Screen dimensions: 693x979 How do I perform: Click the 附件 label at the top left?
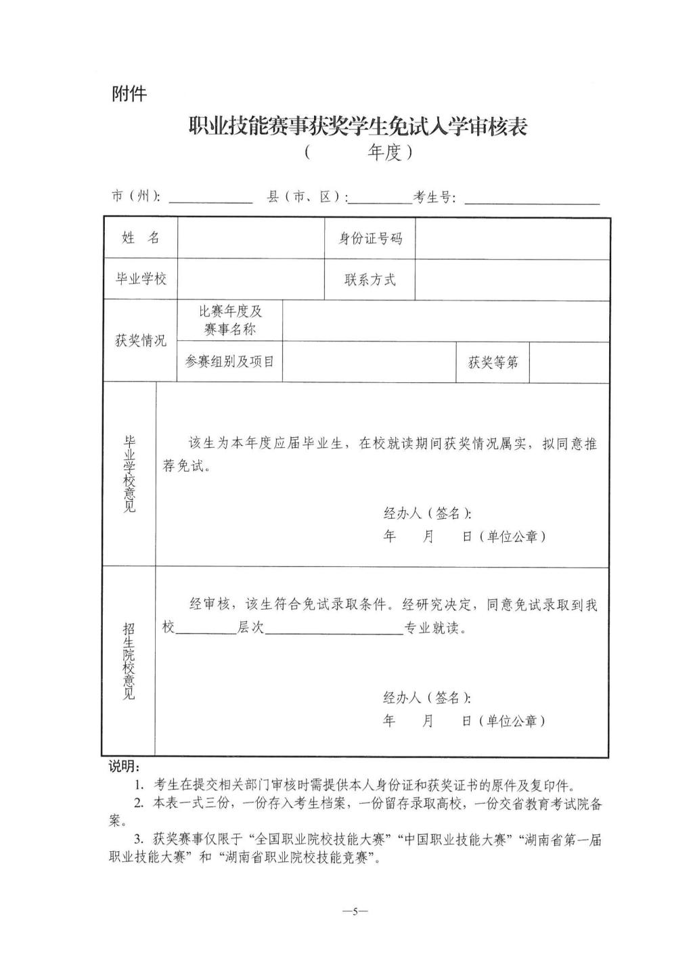click(x=129, y=93)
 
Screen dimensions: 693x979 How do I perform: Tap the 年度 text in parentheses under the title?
click(x=384, y=152)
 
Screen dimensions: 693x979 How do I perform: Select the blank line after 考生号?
click(x=532, y=203)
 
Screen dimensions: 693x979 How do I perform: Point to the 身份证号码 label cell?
click(x=370, y=238)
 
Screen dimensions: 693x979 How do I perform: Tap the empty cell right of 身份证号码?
click(x=512, y=238)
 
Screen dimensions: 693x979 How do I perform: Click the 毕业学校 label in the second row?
click(x=141, y=279)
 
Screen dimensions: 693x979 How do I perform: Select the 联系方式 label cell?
click(x=370, y=279)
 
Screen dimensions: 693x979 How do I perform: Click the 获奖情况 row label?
click(x=141, y=340)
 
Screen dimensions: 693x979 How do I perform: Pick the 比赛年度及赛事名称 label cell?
click(x=230, y=321)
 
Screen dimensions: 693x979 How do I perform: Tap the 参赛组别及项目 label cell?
click(x=230, y=361)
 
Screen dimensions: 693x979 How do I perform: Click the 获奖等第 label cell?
click(x=493, y=363)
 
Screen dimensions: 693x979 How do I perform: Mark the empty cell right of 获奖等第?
click(x=569, y=363)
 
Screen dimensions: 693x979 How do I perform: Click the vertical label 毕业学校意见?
click(x=129, y=474)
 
